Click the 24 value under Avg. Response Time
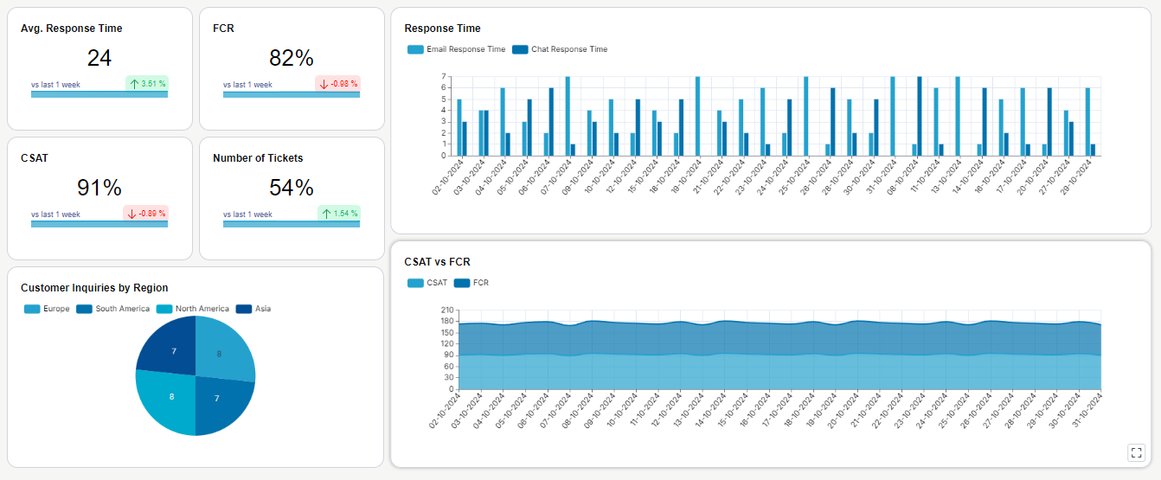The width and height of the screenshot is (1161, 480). tap(99, 58)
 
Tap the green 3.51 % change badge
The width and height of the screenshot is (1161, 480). tap(147, 84)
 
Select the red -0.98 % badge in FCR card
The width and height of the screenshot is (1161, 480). tap(337, 84)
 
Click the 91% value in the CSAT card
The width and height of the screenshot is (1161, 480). tap(99, 188)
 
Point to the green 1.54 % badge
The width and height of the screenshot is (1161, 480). tap(339, 214)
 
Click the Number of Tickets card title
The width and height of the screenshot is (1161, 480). tap(258, 158)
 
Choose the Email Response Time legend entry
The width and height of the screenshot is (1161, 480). tap(457, 49)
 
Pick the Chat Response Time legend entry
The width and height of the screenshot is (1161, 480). tap(560, 49)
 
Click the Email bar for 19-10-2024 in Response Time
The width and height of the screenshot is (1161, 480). tap(697, 116)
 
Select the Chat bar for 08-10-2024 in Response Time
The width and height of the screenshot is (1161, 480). tap(919, 116)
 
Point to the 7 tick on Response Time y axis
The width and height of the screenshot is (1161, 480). tap(443, 76)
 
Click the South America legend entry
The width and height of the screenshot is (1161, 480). tap(113, 309)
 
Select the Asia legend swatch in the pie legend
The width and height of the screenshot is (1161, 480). tap(244, 309)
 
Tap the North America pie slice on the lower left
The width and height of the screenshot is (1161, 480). tap(166, 402)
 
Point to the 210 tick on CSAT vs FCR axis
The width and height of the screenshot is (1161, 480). tap(446, 310)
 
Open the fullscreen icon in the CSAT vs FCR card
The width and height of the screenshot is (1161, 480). tap(1136, 452)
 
